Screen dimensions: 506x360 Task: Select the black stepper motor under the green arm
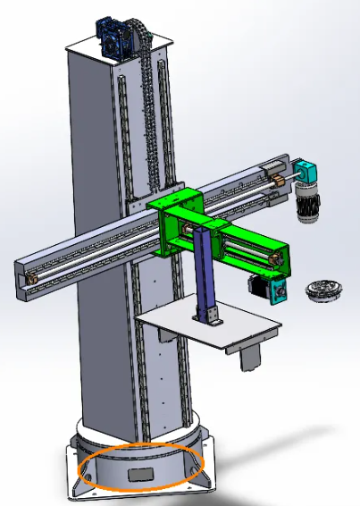[x=257, y=286]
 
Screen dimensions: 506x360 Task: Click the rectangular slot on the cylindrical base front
[x=140, y=476]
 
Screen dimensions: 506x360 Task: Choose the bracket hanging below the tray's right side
[x=251, y=355]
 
